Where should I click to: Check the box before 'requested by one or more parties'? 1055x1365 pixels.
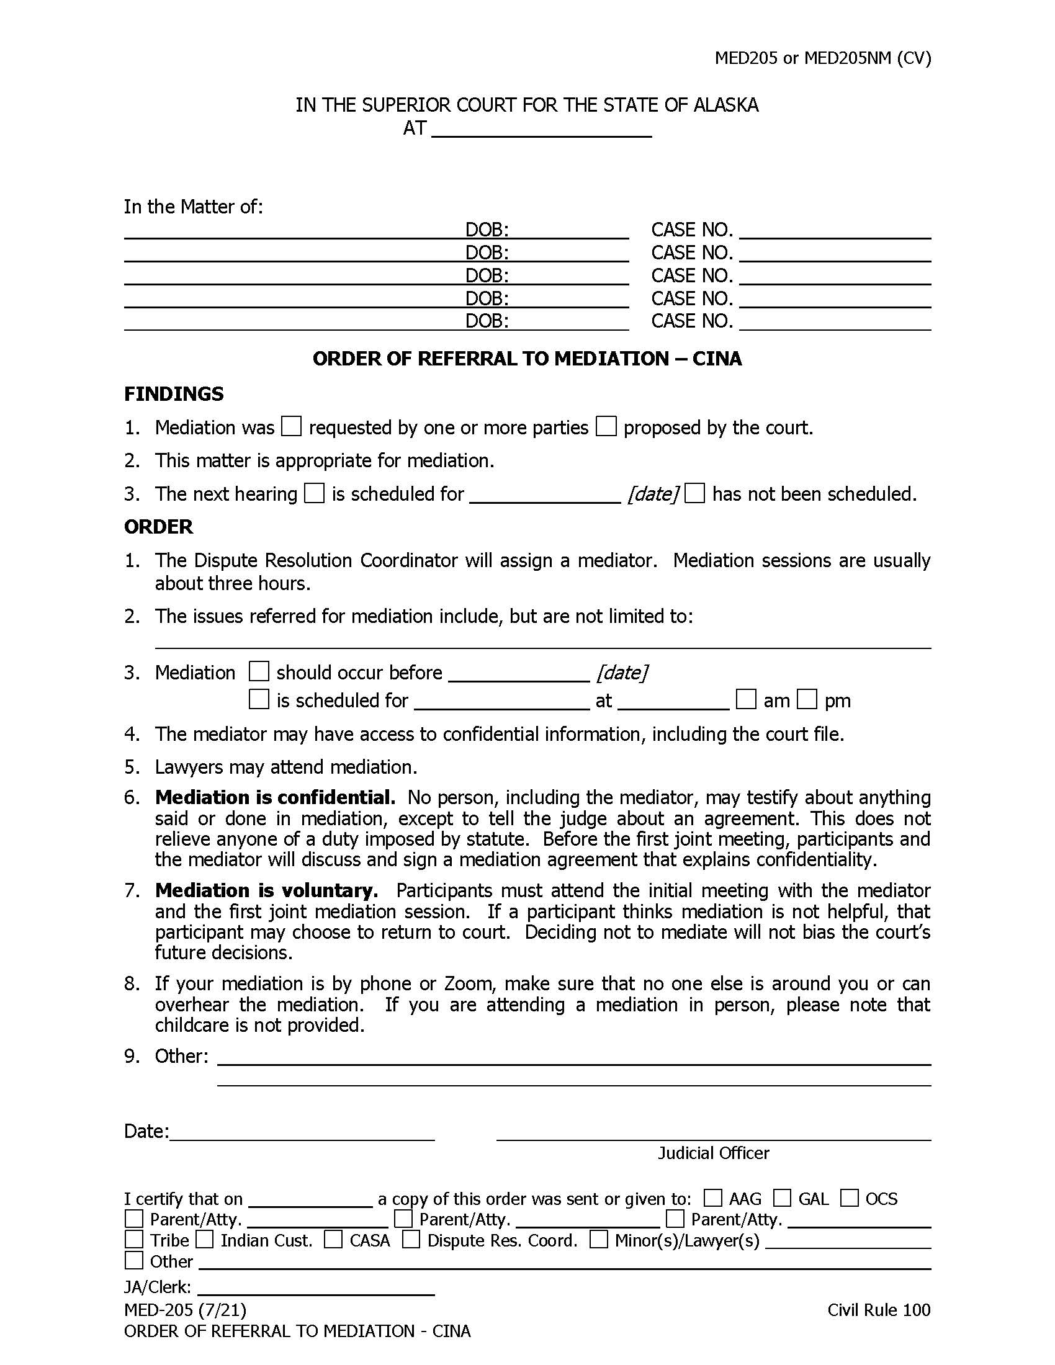[291, 427]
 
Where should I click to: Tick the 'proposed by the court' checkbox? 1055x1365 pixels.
[606, 427]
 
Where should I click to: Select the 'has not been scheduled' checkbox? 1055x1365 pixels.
[694, 493]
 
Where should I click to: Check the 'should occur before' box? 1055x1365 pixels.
[259, 672]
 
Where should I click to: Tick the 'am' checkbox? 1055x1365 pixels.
[745, 699]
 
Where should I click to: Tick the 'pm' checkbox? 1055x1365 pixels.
[807, 699]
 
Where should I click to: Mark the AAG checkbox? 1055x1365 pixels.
[712, 1197]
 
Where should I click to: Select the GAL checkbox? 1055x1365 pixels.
[782, 1197]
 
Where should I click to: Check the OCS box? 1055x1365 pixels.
[850, 1197]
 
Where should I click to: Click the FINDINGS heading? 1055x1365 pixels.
[174, 394]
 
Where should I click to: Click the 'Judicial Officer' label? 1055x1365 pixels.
[713, 1153]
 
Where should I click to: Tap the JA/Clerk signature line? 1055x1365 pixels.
[316, 1288]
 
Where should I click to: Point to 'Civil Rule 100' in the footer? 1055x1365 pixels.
[879, 1310]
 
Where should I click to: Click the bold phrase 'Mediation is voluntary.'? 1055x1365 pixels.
[266, 890]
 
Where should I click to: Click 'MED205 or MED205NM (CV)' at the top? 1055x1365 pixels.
[822, 58]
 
